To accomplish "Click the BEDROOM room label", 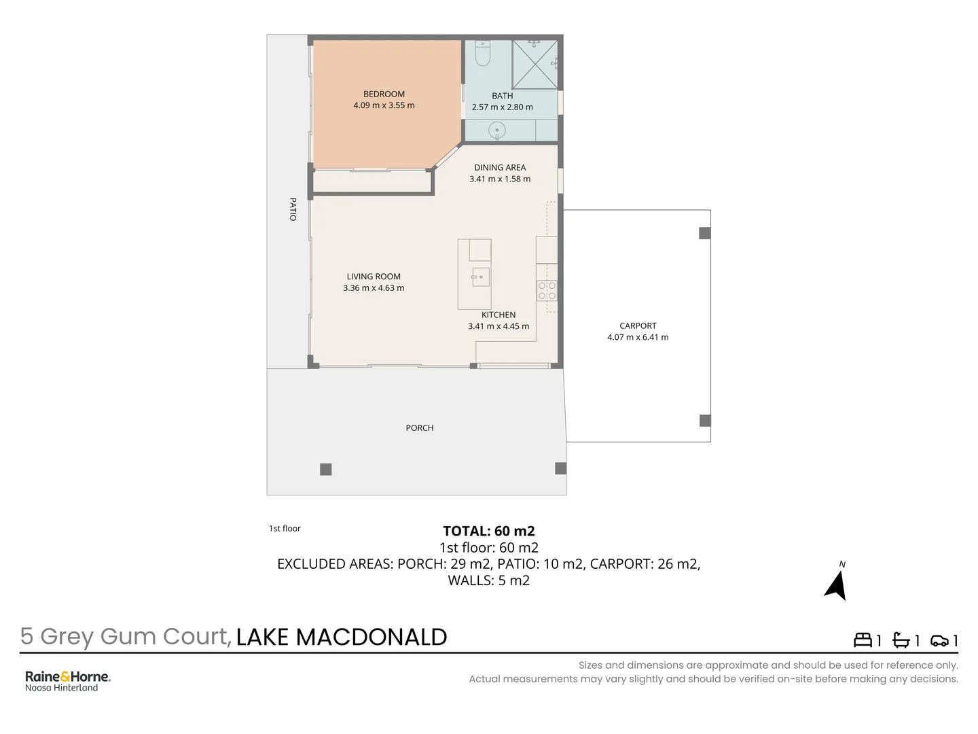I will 384,94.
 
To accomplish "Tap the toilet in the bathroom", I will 483,54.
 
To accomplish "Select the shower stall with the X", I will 535,65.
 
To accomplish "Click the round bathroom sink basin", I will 497,130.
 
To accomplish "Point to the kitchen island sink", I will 480,277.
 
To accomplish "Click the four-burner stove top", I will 547,291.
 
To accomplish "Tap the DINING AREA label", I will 500,168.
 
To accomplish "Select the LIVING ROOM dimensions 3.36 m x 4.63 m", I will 374,288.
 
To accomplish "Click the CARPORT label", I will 638,326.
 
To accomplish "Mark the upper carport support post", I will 705,233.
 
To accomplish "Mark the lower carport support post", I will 705,421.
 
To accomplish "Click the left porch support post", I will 326,469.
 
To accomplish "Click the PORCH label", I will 419,428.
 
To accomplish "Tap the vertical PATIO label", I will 293,209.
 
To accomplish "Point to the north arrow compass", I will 837,584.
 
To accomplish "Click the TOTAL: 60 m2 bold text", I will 488,531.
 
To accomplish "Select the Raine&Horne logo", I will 67,680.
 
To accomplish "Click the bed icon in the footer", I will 863,640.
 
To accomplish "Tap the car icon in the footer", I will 939,640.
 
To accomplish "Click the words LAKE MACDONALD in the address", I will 342,637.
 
